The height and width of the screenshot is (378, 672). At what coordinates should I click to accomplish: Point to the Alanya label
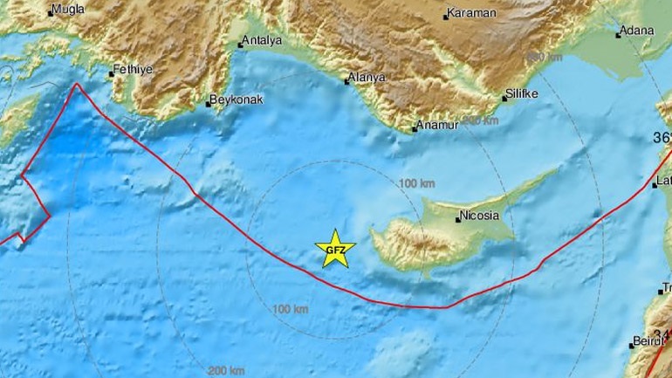point(367,78)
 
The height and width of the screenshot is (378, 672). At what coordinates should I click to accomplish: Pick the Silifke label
point(523,93)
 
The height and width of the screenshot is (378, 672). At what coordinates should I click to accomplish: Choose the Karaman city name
point(471,13)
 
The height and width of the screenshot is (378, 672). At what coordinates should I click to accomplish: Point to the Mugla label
point(67,10)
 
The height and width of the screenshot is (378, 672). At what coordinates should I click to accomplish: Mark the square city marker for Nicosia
point(457,219)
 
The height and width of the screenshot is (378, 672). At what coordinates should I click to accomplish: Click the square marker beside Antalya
point(241,45)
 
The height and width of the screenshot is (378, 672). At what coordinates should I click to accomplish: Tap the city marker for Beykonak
point(209,105)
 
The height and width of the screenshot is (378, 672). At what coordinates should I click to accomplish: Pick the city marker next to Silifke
point(504,97)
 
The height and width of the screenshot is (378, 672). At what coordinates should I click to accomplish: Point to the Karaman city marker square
point(445,16)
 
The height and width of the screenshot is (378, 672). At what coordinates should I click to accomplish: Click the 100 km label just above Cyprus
point(416,183)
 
